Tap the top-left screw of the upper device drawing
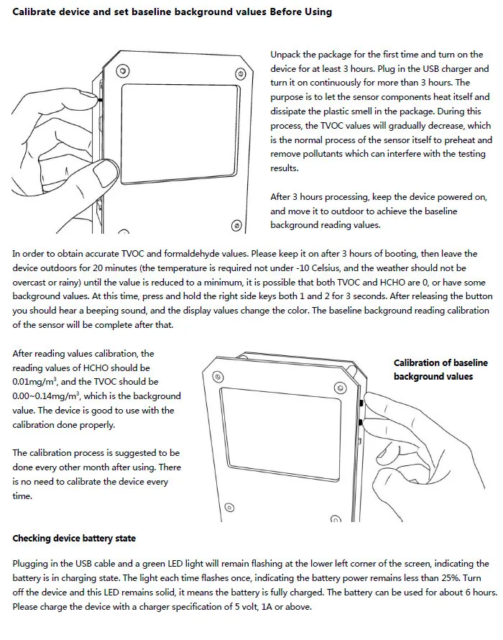pos(123,71)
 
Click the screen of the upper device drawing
pos(180,134)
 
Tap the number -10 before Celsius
pos(301,268)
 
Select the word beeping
pos(101,311)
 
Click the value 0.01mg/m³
pos(34,382)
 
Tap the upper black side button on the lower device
pos(361,403)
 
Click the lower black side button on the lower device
pos(360,421)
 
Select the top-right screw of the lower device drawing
pos(340,388)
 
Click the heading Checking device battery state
pos(74,539)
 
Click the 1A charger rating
pos(267,606)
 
